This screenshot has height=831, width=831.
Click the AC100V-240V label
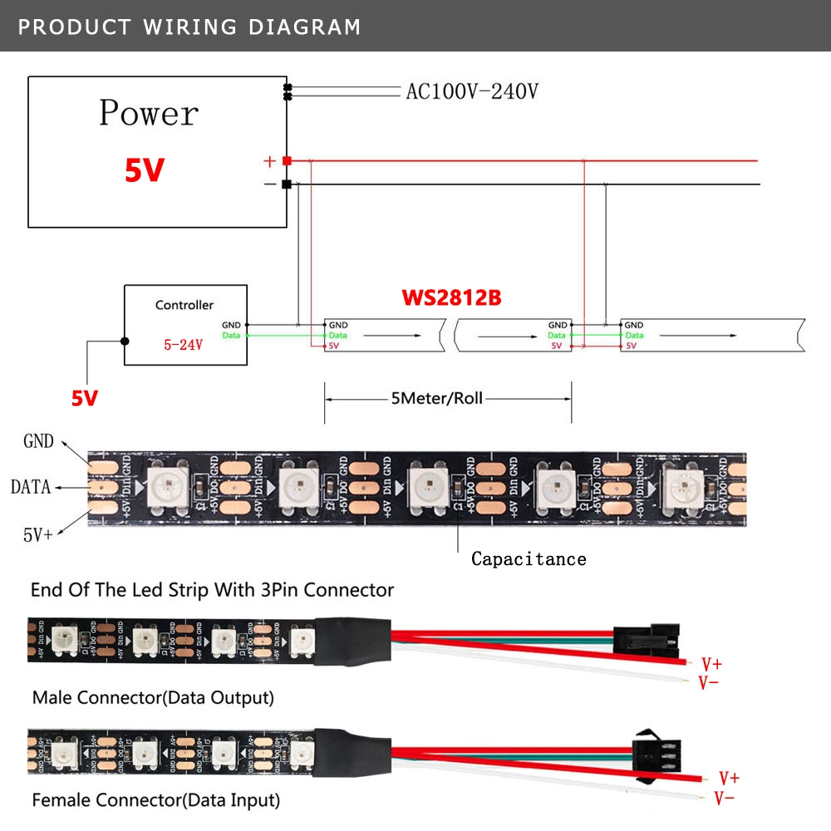471,91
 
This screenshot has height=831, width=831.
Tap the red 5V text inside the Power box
145,170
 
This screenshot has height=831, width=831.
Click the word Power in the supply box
149,113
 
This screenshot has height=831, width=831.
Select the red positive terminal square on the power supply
287,160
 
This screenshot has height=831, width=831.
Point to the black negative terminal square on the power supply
287,184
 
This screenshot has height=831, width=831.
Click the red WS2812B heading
451,297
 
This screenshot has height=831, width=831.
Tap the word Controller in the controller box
184,305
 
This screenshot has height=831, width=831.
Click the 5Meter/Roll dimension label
436,399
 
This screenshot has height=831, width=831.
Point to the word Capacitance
529,558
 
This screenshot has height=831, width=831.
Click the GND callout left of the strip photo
38,441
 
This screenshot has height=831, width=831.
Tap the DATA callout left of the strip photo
31,487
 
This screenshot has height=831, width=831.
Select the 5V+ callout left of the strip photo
38,534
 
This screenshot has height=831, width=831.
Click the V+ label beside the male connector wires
712,664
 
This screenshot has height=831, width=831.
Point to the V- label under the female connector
724,799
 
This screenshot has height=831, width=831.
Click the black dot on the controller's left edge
125,341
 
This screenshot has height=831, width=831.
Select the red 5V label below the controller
84,398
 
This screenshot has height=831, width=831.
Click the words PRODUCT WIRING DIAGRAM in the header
189,27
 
